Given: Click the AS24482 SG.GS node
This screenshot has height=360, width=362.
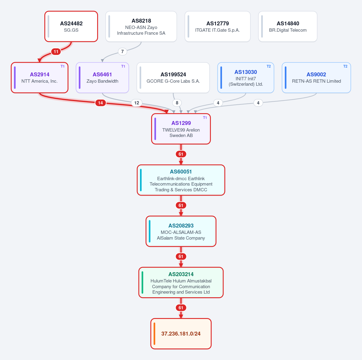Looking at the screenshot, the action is coord(71,26).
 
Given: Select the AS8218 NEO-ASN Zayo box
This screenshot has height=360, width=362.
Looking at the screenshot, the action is coord(141,26).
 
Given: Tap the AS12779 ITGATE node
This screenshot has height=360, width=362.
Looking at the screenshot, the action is coord(217,26).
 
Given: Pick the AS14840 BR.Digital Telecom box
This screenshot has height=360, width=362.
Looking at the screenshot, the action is coord(287,26).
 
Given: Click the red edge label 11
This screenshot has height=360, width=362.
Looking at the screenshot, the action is coord(56,52).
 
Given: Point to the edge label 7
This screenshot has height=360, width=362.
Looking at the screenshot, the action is coord(122,52).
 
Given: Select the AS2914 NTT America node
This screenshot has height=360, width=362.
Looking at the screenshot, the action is coord(40,78).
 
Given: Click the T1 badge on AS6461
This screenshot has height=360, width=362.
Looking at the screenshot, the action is coord(123,66).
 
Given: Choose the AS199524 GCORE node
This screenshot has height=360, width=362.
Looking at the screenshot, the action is coord(173,78).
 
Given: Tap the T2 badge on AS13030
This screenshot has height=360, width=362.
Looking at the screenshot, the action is coord(269,66).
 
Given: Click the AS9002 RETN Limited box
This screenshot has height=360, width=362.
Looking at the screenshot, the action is coord(316,78).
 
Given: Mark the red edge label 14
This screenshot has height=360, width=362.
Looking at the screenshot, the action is coord(100,103).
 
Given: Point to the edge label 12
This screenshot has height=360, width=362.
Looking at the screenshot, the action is coord(137,103).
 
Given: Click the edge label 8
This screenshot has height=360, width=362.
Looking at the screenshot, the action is coord(177,103).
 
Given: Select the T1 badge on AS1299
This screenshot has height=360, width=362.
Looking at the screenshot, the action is coord(205,118).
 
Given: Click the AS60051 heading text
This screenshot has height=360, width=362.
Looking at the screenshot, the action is coord(181,172).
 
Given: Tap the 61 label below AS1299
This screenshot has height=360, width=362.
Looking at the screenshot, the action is coord(181,154).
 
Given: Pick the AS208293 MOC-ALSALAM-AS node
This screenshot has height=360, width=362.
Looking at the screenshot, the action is coord(181,231).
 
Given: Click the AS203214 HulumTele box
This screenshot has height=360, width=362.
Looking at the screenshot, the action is coord(181,282).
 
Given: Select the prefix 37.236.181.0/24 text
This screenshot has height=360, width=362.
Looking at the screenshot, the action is coord(181,334).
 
